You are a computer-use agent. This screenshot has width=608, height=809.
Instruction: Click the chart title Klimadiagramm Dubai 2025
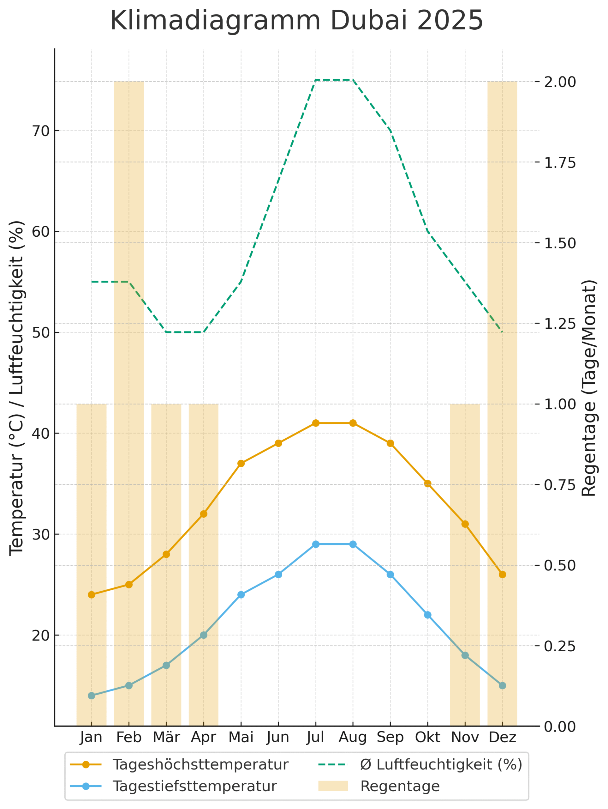tap(297, 21)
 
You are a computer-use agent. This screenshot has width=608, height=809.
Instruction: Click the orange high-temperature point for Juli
tap(316, 423)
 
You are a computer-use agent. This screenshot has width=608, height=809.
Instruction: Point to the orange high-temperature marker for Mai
tap(241, 463)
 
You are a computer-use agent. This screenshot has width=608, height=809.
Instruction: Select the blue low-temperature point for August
tap(353, 544)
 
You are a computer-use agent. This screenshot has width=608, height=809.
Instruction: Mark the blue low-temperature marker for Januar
tap(91, 695)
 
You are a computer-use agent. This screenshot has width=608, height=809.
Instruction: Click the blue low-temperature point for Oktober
tap(427, 615)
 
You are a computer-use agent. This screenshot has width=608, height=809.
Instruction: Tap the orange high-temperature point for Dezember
tap(502, 575)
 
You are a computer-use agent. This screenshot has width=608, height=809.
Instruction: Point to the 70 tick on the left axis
tap(41, 131)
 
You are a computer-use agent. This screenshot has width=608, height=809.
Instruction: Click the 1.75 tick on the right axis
tap(560, 162)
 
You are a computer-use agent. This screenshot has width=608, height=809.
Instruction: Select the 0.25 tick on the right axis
tap(560, 646)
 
